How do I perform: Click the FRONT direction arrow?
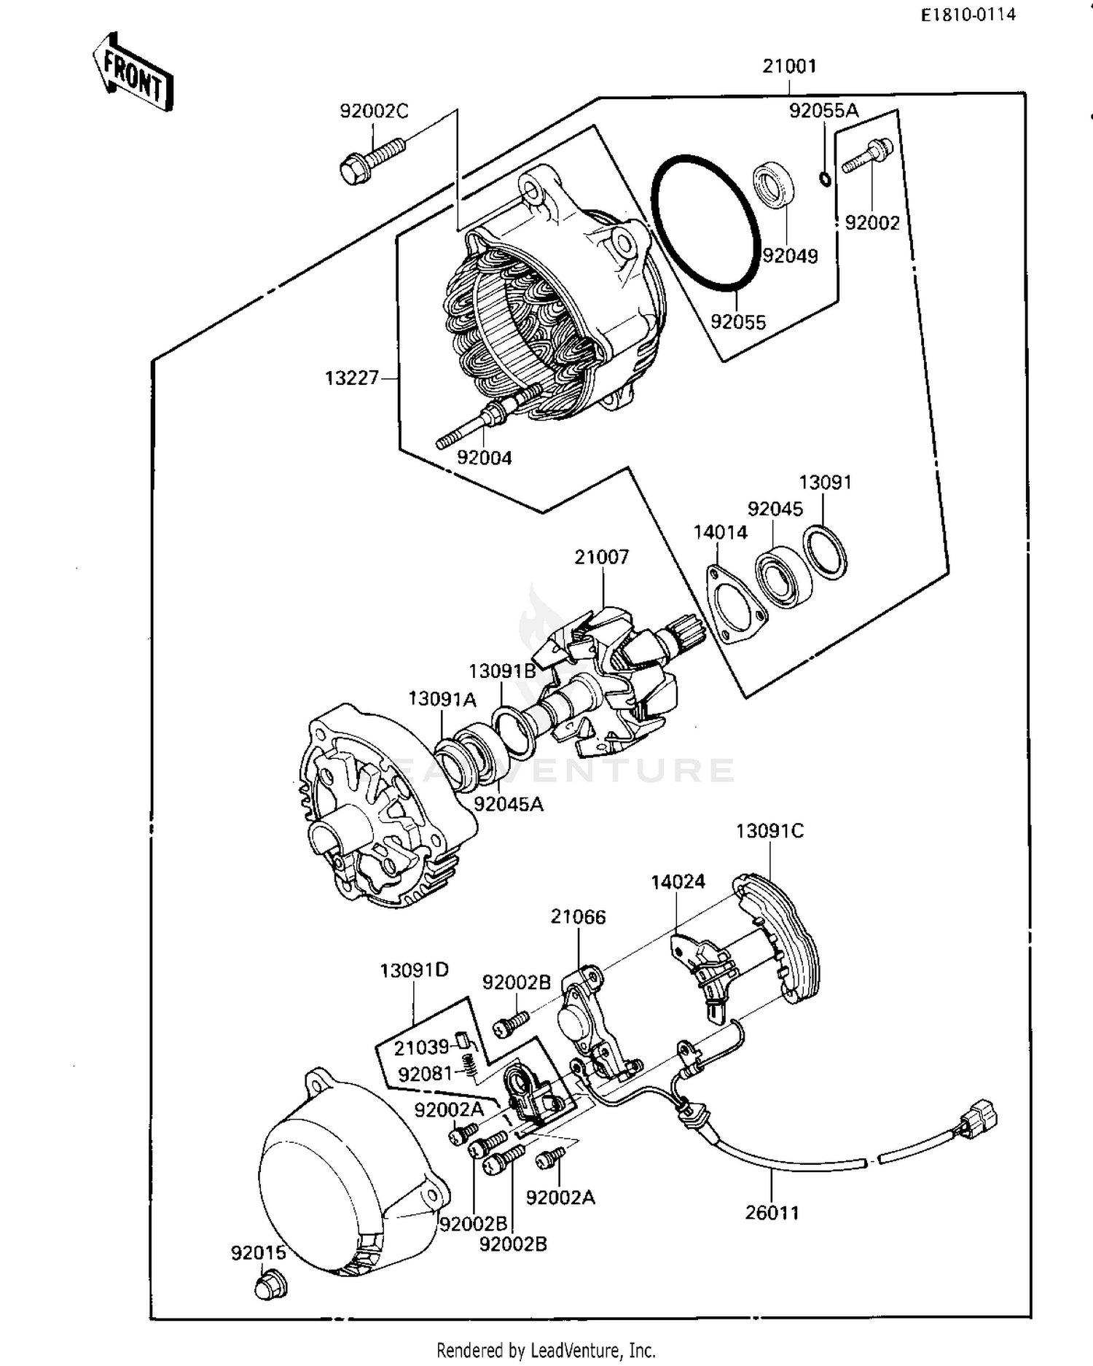(x=133, y=72)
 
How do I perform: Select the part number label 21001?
(x=789, y=66)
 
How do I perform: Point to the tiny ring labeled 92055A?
(x=825, y=179)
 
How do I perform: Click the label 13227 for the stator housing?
(x=351, y=378)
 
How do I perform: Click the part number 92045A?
(x=508, y=804)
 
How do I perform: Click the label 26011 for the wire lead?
(x=772, y=1213)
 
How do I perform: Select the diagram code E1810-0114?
(x=968, y=15)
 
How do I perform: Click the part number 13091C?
(x=769, y=831)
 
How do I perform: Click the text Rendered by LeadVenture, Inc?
(x=546, y=1350)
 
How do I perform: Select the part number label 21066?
(x=578, y=916)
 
